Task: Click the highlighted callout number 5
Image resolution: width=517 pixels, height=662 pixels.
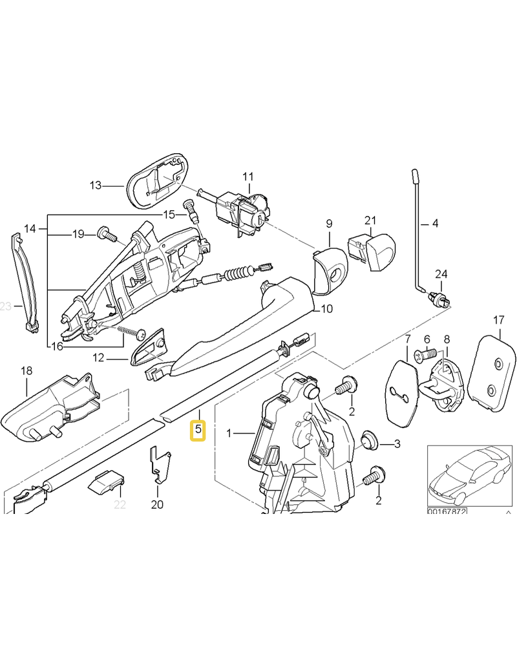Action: (198, 429)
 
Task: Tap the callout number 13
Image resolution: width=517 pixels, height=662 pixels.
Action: (96, 186)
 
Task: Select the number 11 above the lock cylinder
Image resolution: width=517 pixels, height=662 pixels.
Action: (249, 176)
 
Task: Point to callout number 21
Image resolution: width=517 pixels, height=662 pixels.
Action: (370, 220)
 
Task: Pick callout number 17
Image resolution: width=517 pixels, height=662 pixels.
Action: (498, 319)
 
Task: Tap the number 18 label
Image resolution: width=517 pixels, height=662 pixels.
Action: (26, 371)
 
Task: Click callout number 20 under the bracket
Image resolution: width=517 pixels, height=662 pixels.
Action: (157, 504)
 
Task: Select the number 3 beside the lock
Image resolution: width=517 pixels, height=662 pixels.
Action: (397, 444)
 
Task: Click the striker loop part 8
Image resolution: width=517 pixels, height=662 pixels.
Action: (445, 381)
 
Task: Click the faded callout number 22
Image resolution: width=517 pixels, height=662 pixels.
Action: (120, 504)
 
